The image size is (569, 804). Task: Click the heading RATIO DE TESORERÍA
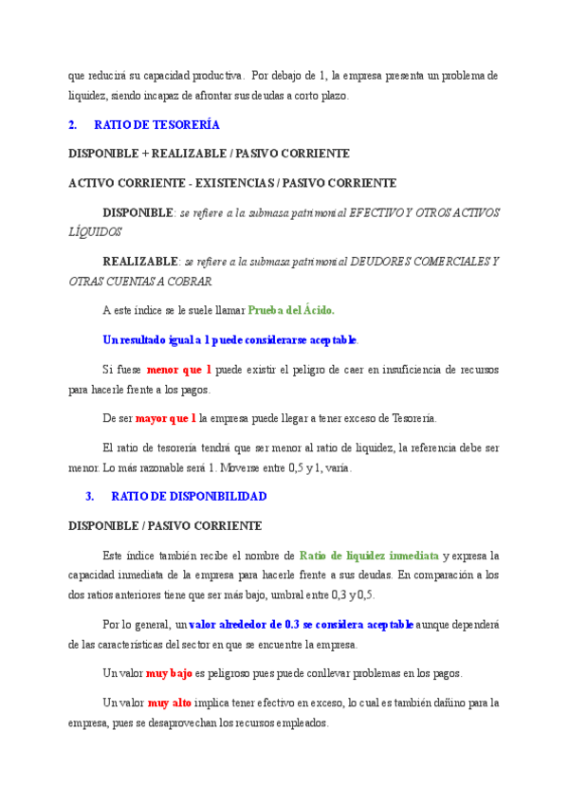157,124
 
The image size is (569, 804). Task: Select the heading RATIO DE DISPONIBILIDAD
189,496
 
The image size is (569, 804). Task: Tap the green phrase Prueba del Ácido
291,310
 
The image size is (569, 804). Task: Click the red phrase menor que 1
179,369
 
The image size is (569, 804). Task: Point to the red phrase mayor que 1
166,417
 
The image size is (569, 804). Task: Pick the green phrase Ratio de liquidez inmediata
369,556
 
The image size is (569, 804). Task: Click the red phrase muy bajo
170,673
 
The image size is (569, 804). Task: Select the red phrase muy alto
170,703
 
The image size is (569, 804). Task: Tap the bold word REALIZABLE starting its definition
140,261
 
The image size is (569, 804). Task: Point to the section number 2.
73,124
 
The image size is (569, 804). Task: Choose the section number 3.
90,496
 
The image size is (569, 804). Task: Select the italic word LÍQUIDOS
95,231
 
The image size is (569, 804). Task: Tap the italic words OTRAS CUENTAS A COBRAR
140,281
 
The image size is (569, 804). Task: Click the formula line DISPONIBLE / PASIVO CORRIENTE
165,525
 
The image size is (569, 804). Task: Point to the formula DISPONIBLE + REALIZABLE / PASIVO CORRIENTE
209,154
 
